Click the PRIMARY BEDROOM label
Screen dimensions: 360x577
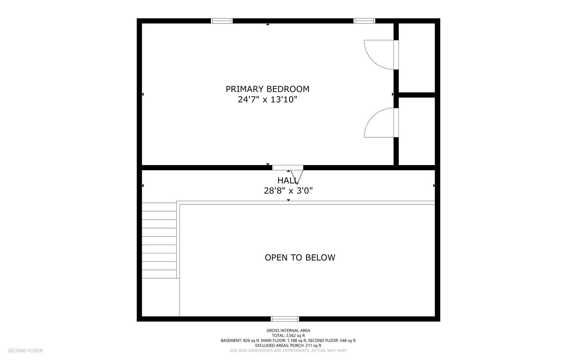click(x=267, y=89)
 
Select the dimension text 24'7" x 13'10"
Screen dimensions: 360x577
click(x=267, y=99)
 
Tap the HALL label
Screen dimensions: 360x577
click(x=288, y=181)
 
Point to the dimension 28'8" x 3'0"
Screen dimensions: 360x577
click(x=288, y=191)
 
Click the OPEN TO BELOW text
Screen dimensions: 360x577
click(x=300, y=258)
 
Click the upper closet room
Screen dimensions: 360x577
click(x=417, y=58)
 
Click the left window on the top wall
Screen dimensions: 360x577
click(x=222, y=21)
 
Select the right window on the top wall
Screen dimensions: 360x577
click(x=364, y=21)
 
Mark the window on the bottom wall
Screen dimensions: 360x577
click(x=285, y=319)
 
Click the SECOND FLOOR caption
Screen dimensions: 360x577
click(x=25, y=351)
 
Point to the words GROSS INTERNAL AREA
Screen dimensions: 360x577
click(x=288, y=330)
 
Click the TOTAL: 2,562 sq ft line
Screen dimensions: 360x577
click(x=288, y=335)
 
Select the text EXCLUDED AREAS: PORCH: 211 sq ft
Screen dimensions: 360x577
click(x=288, y=346)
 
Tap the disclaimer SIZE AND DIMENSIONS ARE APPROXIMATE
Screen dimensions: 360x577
click(x=288, y=351)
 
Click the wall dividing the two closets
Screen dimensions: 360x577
click(x=417, y=95)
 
